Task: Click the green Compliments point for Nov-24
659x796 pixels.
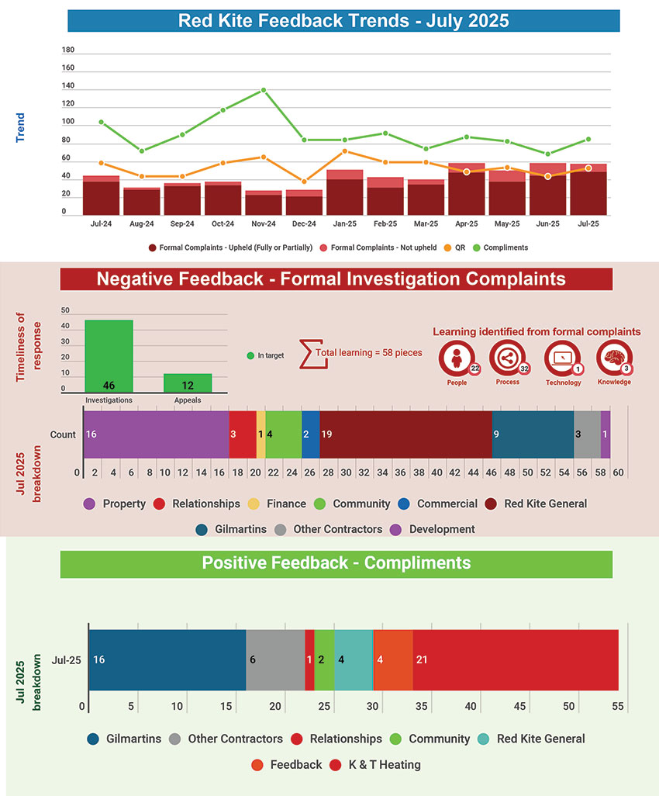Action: [x=264, y=90]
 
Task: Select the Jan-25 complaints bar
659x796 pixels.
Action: [x=344, y=194]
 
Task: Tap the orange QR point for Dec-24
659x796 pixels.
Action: [x=304, y=182]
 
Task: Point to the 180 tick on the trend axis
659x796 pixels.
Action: [x=67, y=50]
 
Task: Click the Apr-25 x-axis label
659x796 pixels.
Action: [x=467, y=223]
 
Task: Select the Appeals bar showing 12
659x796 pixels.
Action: [x=188, y=382]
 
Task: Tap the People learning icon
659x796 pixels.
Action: [x=457, y=359]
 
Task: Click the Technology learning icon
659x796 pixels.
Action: [x=562, y=359]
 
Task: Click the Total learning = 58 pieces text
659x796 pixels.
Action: [x=368, y=352]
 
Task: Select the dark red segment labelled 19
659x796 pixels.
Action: [x=405, y=434]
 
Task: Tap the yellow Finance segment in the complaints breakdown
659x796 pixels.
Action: [x=260, y=434]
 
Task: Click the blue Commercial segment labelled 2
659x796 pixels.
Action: [x=310, y=434]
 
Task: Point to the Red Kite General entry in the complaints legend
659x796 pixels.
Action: [x=545, y=504]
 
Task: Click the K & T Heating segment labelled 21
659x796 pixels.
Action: [x=516, y=659]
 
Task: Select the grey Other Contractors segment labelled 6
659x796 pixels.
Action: [x=275, y=659]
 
